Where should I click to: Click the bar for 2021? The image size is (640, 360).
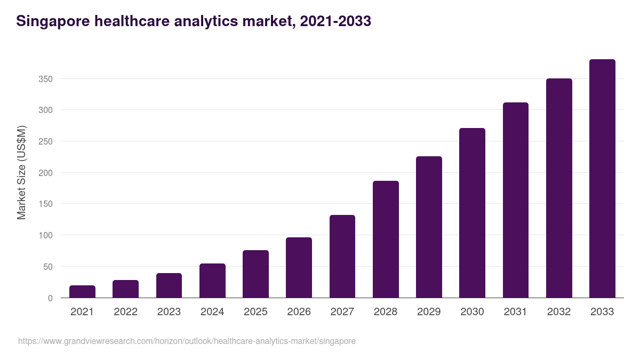coord(82,292)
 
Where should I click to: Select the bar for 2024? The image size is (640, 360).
coord(212,281)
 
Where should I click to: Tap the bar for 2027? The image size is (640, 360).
coord(342,257)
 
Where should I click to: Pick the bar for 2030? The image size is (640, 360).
coord(472,213)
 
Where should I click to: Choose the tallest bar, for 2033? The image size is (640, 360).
coord(602,179)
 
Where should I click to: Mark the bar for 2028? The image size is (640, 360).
coord(386,239)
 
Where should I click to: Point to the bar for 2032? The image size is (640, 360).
coord(559,188)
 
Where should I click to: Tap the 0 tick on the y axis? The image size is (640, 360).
coord(50,298)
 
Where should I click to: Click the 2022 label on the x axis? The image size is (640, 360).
coord(125,312)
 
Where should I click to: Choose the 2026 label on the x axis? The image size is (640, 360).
coord(299,312)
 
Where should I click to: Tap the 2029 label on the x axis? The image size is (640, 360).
coord(429,312)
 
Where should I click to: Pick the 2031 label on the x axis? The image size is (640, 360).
coord(516,312)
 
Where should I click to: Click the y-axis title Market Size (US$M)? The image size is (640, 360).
coord(21,172)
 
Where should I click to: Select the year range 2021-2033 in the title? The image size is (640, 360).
coord(335,21)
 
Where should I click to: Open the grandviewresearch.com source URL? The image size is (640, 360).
coord(187,341)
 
